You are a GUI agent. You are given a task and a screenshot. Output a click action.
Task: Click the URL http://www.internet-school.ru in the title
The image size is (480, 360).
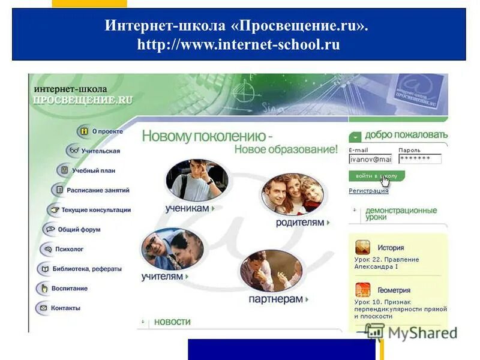[x=238, y=44]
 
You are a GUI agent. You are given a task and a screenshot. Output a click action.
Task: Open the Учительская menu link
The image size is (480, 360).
[x=101, y=151]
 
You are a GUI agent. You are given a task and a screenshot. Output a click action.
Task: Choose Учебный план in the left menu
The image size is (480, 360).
[x=94, y=170]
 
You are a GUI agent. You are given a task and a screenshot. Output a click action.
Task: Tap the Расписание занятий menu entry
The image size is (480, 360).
[x=98, y=190]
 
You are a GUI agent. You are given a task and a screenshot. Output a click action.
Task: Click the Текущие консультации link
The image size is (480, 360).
[x=95, y=210]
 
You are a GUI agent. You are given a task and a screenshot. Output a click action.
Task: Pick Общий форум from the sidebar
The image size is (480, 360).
[x=79, y=229]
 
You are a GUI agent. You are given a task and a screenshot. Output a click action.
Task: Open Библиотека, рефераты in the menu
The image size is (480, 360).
[x=86, y=269]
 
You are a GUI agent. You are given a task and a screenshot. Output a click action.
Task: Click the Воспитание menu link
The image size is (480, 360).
[x=69, y=288]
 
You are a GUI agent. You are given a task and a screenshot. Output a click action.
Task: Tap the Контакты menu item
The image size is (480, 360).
[x=65, y=308]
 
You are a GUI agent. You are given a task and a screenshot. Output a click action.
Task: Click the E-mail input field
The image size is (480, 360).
[x=370, y=159]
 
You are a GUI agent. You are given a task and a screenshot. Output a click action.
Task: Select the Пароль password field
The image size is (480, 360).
[x=419, y=159]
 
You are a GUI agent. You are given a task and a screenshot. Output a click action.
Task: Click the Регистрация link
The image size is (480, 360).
[x=368, y=191]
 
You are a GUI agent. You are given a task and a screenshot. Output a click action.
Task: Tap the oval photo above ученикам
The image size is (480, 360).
[x=196, y=179]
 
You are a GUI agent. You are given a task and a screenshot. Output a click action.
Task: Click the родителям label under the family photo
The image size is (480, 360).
[x=300, y=222]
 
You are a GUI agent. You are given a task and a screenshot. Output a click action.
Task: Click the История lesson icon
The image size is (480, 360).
[x=362, y=247]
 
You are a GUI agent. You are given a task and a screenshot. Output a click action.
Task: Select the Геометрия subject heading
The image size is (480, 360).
[x=394, y=290]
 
